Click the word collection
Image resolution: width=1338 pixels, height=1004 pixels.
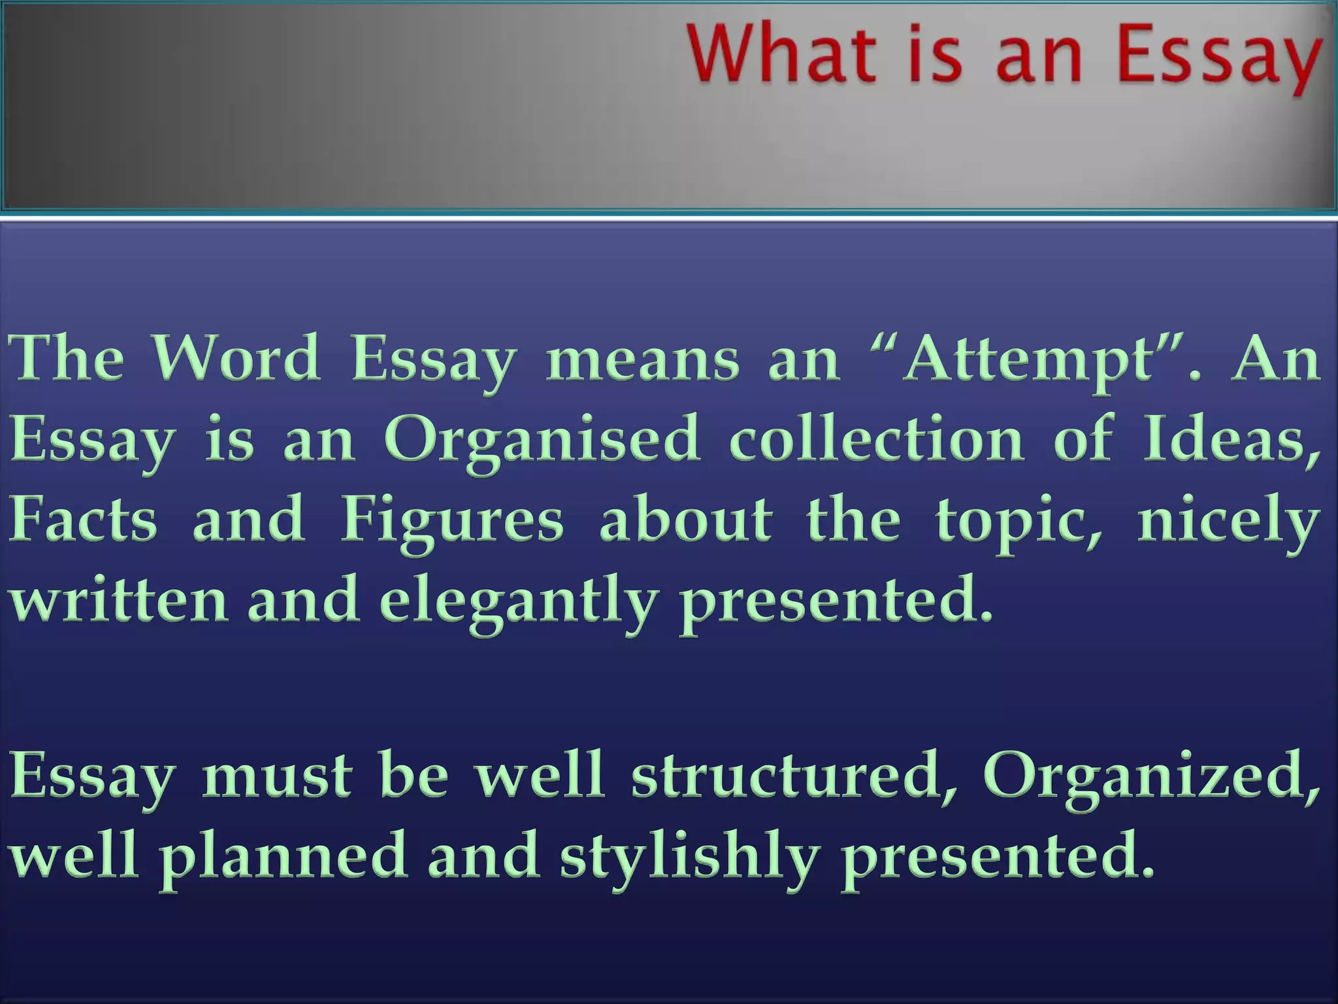875,438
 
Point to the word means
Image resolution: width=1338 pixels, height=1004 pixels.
643,360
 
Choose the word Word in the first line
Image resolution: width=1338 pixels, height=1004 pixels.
237,359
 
